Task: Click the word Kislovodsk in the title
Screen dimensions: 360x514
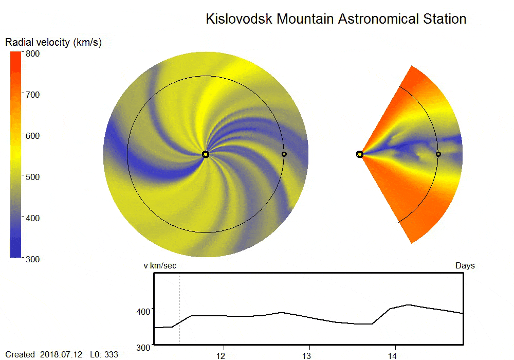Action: pos(239,20)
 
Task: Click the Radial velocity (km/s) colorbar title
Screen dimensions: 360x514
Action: pos(53,43)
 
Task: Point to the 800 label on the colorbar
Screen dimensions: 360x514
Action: pos(33,53)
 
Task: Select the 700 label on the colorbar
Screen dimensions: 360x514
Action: pos(33,95)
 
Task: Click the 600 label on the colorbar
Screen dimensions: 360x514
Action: pos(33,136)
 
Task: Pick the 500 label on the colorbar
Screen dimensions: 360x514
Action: pos(33,177)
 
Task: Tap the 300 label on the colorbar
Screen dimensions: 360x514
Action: pos(33,259)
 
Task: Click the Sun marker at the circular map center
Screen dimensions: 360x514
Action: pos(206,154)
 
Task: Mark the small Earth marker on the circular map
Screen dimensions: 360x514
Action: pos(284,154)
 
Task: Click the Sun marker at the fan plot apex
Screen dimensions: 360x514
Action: pos(360,154)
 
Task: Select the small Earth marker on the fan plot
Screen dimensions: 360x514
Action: pos(438,154)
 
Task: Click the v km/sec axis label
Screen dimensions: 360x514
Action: pos(160,266)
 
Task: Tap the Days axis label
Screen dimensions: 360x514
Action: pos(465,266)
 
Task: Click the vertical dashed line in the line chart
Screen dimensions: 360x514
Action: pos(179,309)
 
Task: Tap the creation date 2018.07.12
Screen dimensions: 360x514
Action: pos(60,355)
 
